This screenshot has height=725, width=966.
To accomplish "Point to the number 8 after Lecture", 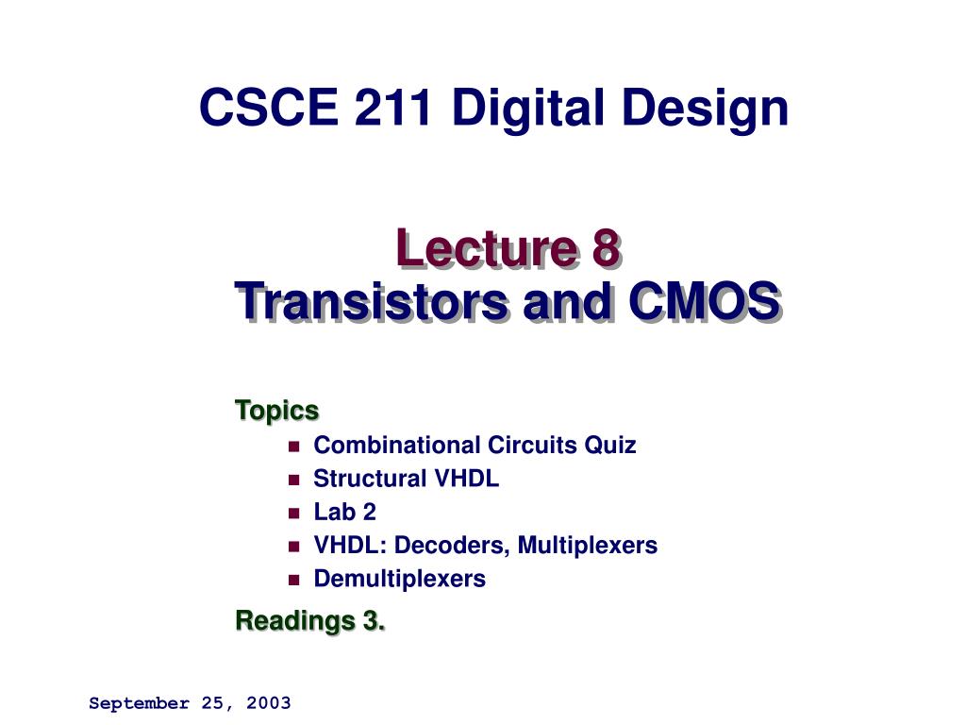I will point(606,249).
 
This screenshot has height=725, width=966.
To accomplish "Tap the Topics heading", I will point(276,411).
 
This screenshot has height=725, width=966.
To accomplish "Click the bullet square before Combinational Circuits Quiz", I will point(293,446).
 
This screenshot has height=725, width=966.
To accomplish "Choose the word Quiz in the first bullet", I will point(610,445).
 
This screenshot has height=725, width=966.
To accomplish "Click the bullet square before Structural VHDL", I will point(293,480).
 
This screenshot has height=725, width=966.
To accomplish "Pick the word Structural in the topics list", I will point(370,479).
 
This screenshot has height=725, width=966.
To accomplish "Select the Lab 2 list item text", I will point(344,512).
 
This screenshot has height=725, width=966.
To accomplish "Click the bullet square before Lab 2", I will point(293,513).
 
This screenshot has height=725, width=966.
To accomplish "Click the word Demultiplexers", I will point(399,578).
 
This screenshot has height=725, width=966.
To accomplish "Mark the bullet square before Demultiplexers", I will point(293,579).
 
